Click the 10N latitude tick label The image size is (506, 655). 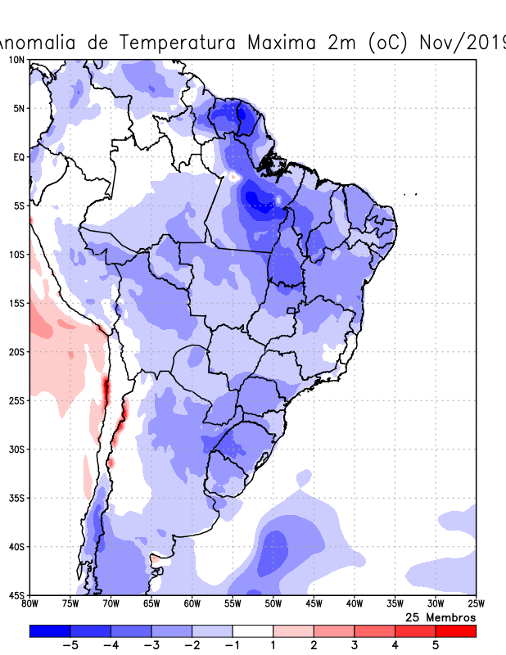click(x=16, y=60)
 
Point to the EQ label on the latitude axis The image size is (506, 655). click(x=18, y=156)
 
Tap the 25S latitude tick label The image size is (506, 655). click(x=16, y=400)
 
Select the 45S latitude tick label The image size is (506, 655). click(x=16, y=594)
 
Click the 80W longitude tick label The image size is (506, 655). click(x=30, y=604)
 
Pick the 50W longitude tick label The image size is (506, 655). click(x=273, y=604)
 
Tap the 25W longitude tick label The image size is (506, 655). click(x=475, y=604)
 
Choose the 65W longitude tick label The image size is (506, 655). click(x=151, y=604)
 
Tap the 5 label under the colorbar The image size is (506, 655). click(x=436, y=645)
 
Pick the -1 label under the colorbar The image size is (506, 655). click(x=233, y=645)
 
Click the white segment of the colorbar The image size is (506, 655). click(x=253, y=630)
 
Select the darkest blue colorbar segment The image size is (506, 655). click(x=50, y=630)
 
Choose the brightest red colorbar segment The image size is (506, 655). click(x=455, y=630)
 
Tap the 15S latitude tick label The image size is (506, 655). click(x=16, y=303)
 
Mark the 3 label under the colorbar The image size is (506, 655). click(x=355, y=645)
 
